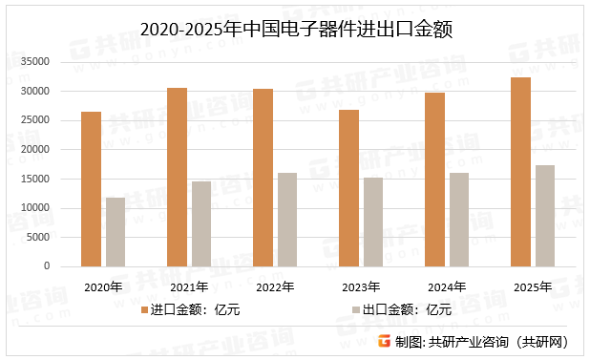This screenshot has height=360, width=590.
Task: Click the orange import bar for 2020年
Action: coord(91,189)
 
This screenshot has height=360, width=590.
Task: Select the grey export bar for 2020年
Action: coord(116,232)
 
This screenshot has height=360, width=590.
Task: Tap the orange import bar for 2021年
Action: coord(177,178)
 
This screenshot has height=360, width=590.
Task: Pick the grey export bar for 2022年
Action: coord(287,220)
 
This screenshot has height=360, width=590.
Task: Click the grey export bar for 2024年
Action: coord(459,220)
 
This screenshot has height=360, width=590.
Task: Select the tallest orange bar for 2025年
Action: coord(520,172)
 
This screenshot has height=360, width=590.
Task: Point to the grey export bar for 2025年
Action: coord(545,216)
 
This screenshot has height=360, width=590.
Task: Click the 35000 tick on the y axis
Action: coord(35,62)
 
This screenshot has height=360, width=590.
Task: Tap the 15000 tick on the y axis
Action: coord(35,179)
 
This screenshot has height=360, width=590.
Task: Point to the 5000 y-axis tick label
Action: coord(38,237)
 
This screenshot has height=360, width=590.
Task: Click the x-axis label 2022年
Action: coord(275,286)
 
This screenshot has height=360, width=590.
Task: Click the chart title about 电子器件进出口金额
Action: coord(295,30)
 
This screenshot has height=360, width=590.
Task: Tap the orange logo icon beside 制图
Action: coord(385,342)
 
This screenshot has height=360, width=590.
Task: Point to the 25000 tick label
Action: coord(35,120)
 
